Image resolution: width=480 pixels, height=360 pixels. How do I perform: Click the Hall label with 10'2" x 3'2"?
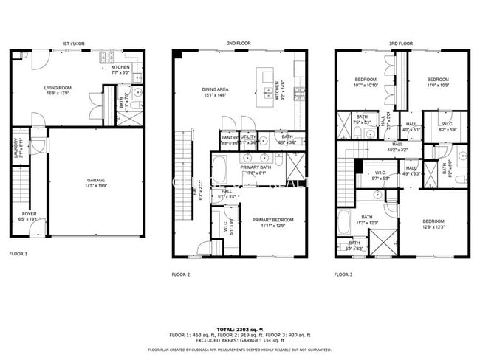tap(397, 146)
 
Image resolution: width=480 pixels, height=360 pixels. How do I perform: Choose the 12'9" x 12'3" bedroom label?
tap(433, 224)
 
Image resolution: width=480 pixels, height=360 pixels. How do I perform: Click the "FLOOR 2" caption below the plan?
tap(181, 274)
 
